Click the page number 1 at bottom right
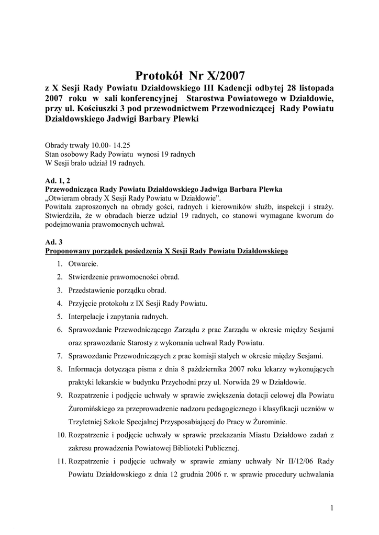tap(332, 507)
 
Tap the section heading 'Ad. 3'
tap(53, 242)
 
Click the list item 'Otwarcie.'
tap(83, 264)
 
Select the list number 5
tap(60, 316)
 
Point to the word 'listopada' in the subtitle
tap(314, 88)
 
